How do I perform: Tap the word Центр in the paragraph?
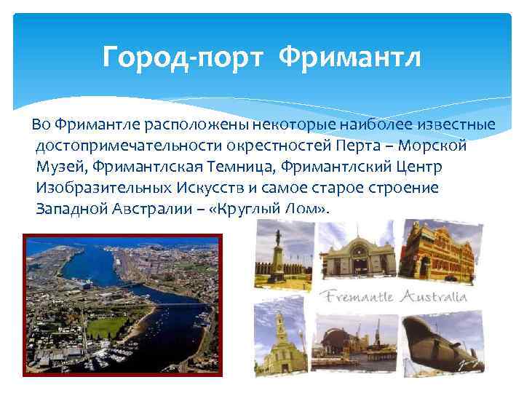(416, 167)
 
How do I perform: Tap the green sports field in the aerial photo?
(109, 327)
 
